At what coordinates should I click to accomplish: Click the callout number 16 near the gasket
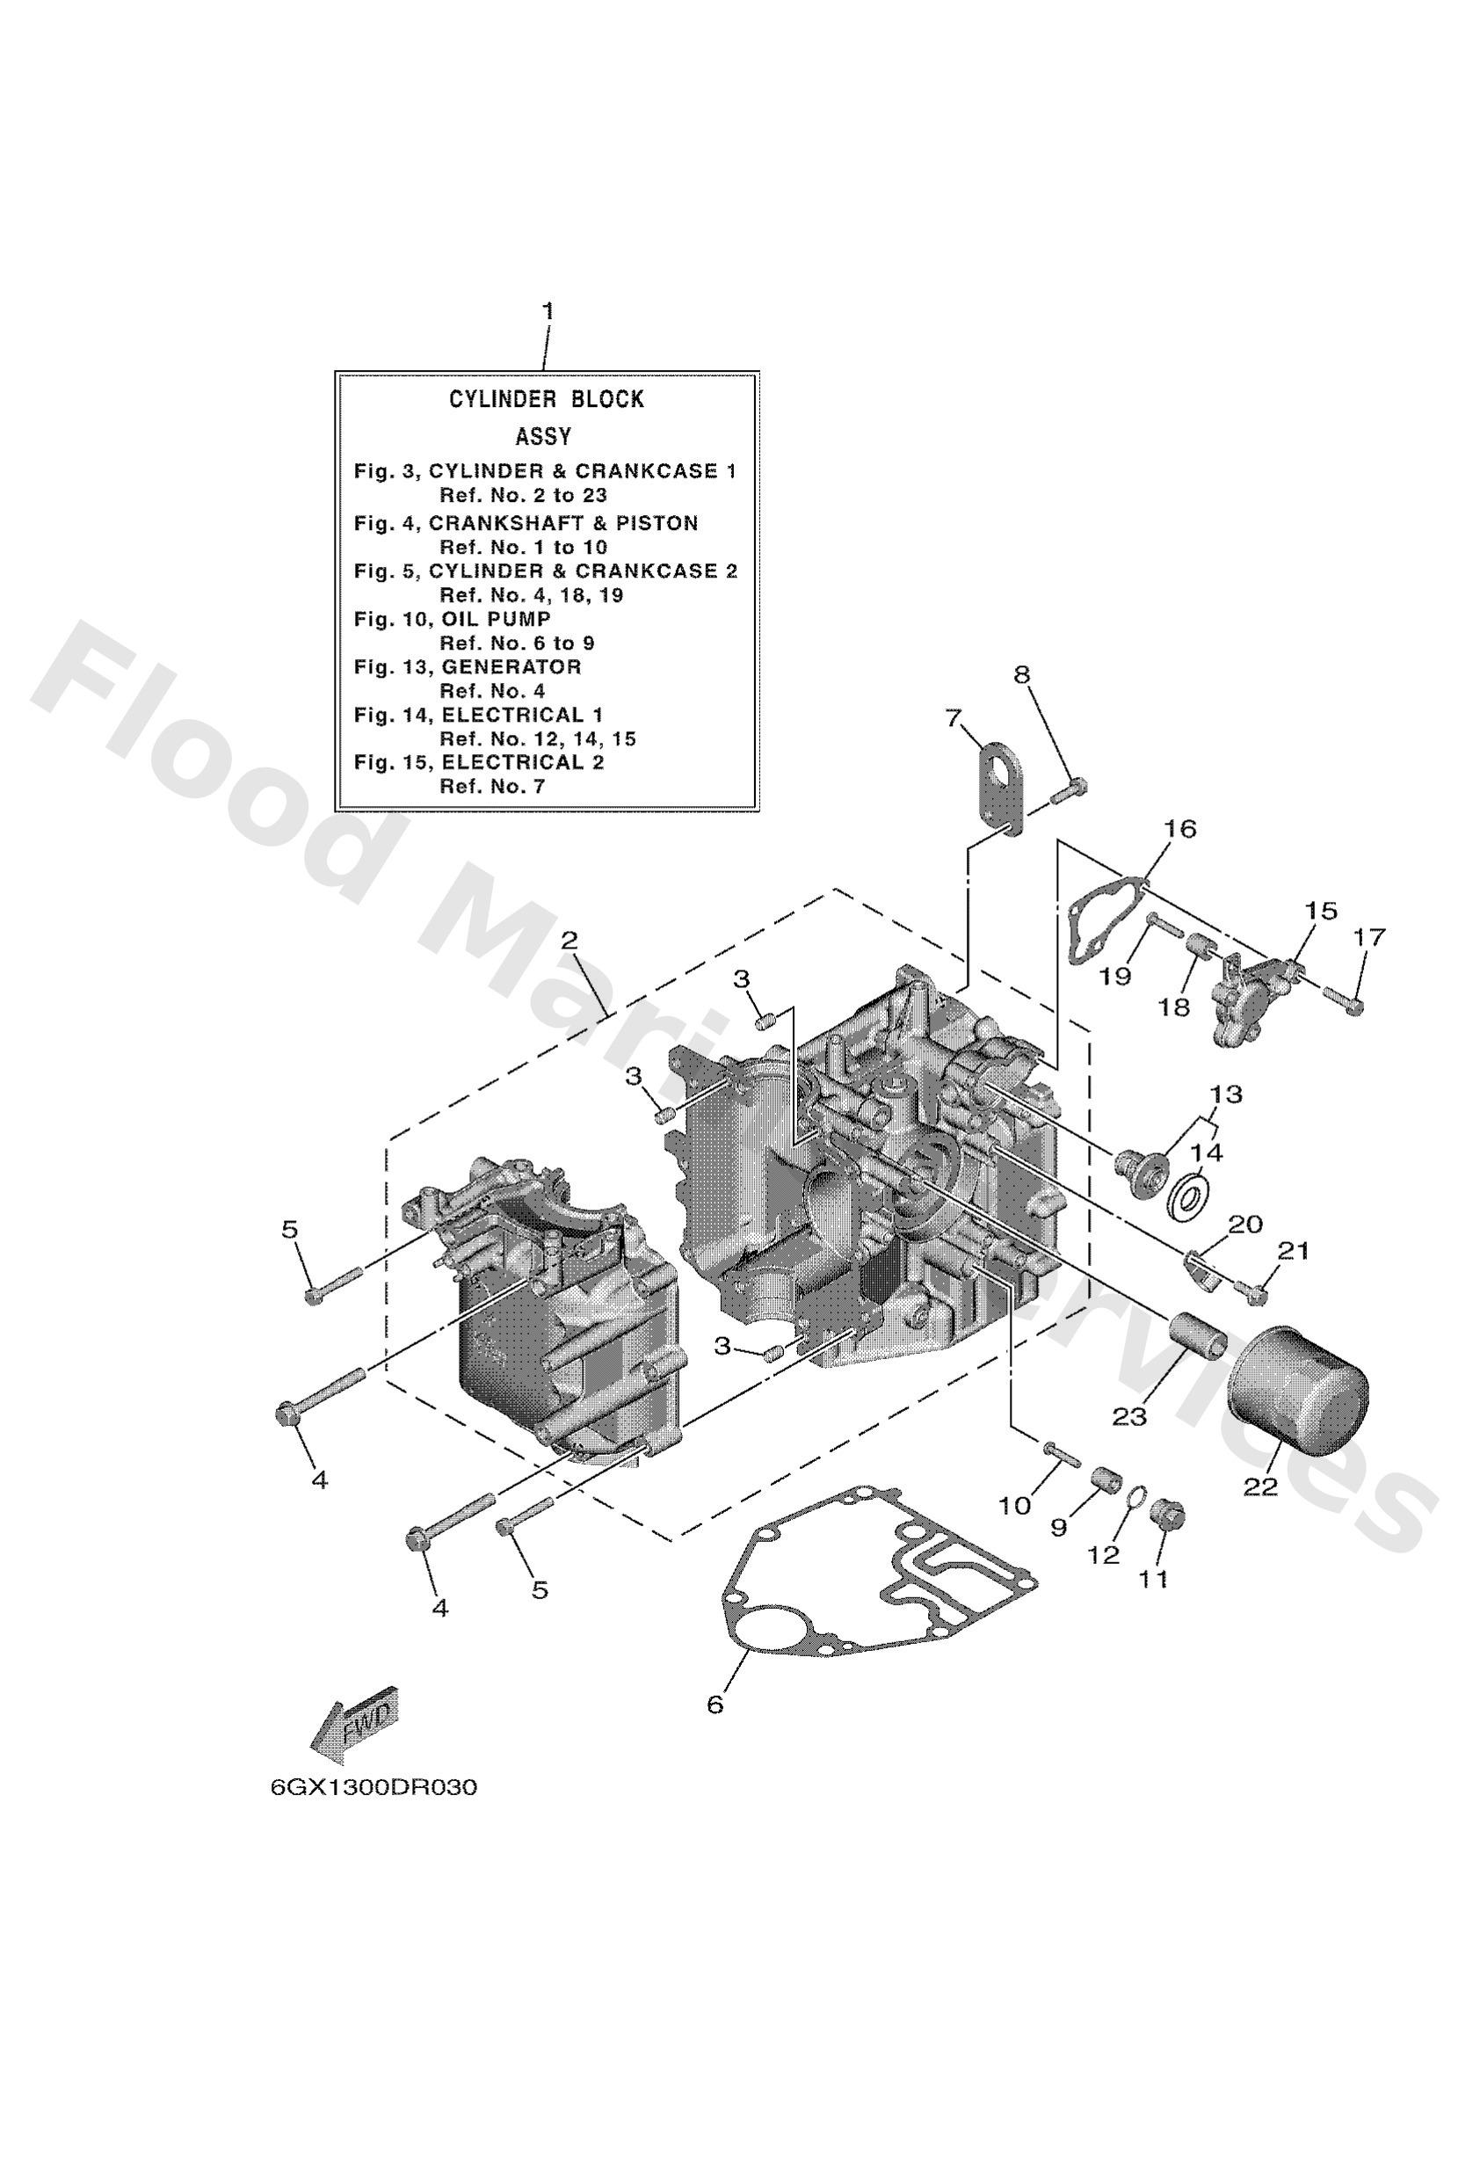coord(1180,830)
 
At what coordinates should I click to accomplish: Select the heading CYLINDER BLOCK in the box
coord(545,400)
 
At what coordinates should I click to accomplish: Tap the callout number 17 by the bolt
coord(1369,936)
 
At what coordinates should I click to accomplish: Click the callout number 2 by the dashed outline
coord(570,940)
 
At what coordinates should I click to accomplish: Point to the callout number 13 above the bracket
coord(1225,1094)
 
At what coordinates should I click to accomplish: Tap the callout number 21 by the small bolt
coord(1292,1251)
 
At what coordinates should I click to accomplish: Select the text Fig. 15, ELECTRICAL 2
coord(479,762)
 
